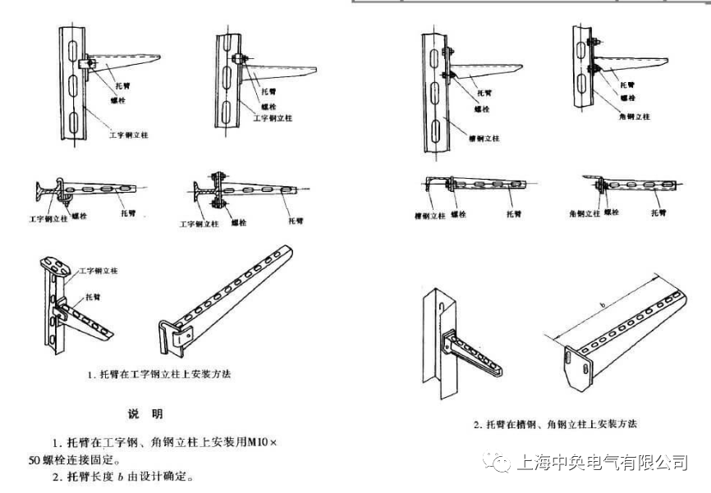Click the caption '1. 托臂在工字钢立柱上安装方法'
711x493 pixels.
160,374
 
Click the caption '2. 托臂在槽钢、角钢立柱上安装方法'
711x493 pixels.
555,424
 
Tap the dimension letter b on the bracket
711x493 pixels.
603,306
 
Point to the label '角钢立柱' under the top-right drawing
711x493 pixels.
635,117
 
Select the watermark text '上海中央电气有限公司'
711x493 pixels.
601,463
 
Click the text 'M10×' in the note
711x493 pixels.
262,442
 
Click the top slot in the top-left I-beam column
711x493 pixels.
72,48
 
